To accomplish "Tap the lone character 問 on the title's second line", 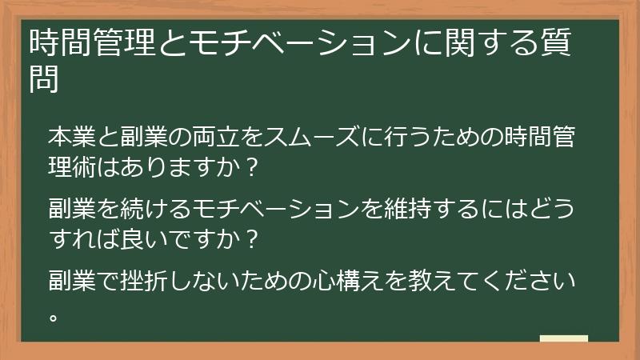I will coord(44,79).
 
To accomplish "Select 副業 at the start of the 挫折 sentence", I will coord(72,281).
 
